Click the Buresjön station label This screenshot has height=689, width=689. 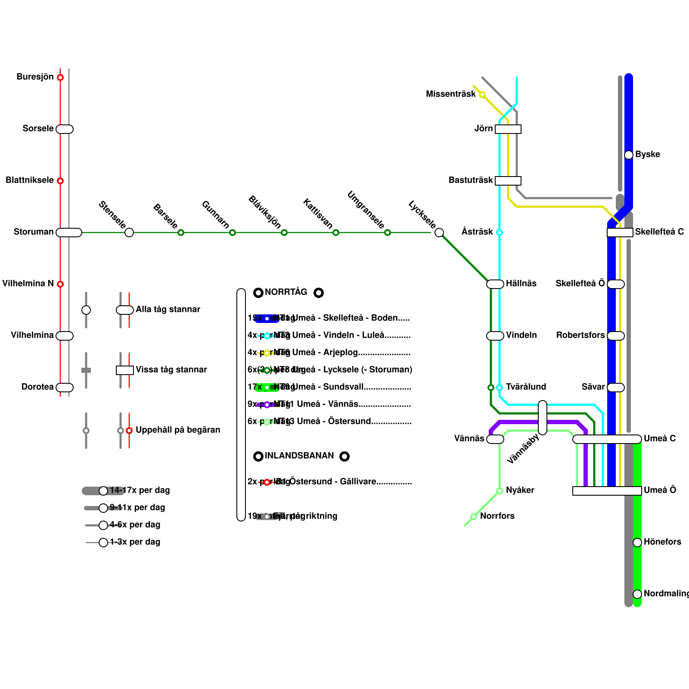(35, 77)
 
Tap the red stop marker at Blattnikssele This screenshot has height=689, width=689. (60, 181)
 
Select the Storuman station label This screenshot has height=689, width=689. (34, 232)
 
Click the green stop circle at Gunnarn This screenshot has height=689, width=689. (233, 233)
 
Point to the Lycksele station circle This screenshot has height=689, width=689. (439, 233)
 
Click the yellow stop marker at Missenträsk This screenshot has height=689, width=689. (482, 95)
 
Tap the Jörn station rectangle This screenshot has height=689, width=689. (508, 129)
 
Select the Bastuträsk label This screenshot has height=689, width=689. (471, 180)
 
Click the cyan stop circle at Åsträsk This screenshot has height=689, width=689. (500, 233)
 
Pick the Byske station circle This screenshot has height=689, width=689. (629, 155)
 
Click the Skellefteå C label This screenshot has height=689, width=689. (659, 232)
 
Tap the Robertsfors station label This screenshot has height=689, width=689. (580, 335)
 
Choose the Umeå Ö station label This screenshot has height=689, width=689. (660, 490)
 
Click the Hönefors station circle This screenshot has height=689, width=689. (637, 543)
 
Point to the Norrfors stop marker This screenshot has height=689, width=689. (474, 517)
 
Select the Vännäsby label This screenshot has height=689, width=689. (523, 449)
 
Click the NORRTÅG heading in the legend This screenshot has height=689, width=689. (286, 292)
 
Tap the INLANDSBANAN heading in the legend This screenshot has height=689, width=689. (299, 456)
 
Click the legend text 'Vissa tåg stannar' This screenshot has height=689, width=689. (171, 370)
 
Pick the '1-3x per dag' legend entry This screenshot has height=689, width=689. (135, 542)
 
